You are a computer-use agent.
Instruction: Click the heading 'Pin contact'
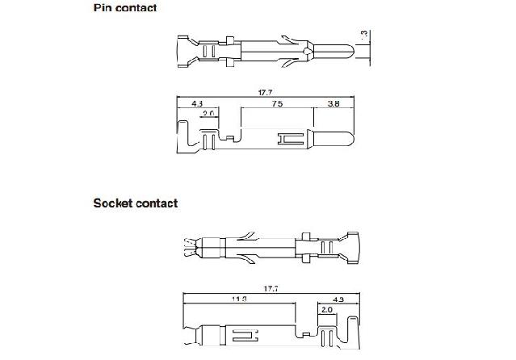coord(125,8)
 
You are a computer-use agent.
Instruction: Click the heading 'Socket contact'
coord(136,203)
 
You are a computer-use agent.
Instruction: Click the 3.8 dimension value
coord(333,105)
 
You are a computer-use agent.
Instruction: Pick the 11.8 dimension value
coord(240,300)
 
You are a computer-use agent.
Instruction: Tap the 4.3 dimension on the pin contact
coord(197,105)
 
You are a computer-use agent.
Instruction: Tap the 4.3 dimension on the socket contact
coord(338,300)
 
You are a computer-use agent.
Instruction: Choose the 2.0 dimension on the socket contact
coord(327,310)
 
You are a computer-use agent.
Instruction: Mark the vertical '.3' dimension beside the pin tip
coord(365,34)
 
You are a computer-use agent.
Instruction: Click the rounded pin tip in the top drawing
coord(346,53)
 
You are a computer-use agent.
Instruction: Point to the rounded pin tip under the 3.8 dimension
coord(343,138)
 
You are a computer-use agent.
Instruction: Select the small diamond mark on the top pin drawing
coord(308,52)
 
